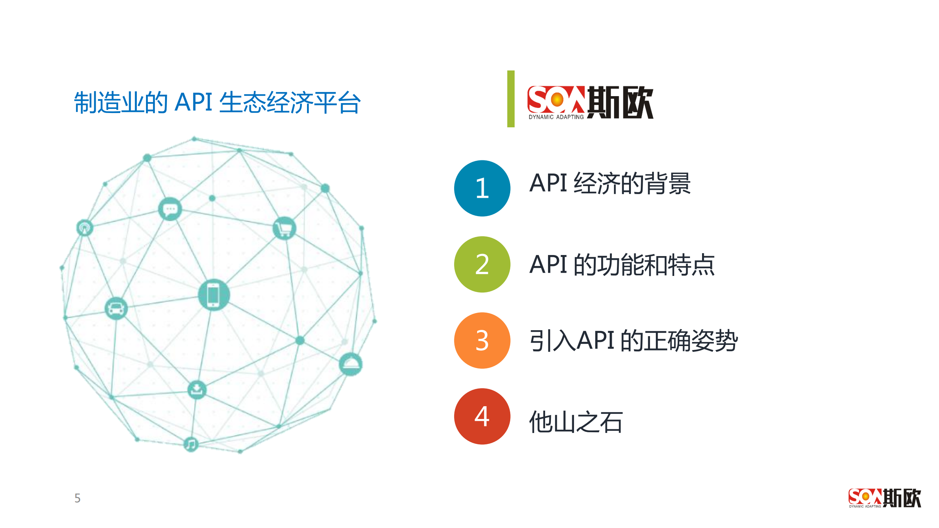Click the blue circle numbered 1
click(x=482, y=188)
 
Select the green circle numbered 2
click(x=482, y=264)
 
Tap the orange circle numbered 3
click(x=482, y=340)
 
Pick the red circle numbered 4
click(x=482, y=416)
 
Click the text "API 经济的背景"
click(x=610, y=183)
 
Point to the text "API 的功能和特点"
click(x=622, y=265)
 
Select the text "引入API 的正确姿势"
click(x=633, y=341)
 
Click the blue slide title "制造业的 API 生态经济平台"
click(x=217, y=102)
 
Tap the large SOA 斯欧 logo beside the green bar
click(x=590, y=102)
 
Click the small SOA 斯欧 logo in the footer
click(x=884, y=498)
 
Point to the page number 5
click(x=77, y=498)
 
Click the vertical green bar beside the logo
click(x=511, y=99)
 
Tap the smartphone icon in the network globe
click(x=213, y=295)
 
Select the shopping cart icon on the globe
click(x=284, y=228)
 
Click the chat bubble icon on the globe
click(x=170, y=209)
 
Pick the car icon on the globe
click(x=116, y=308)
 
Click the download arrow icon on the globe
click(x=197, y=389)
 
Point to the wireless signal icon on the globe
click(x=84, y=228)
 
